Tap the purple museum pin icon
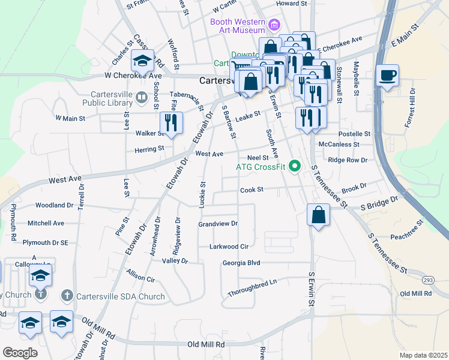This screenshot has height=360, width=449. click(274, 25)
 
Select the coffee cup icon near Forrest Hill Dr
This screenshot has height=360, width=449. click(388, 76)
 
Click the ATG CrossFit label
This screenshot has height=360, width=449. click(260, 166)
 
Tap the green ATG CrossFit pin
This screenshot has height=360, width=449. click(294, 166)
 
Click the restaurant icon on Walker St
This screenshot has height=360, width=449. click(171, 123)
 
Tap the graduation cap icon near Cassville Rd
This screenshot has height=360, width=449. click(142, 61)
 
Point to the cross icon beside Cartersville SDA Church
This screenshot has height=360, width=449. click(67, 296)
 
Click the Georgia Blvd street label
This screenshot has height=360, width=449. click(241, 263)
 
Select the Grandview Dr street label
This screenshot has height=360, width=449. click(218, 224)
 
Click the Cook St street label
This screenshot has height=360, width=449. click(252, 190)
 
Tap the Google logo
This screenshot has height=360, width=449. click(20, 353)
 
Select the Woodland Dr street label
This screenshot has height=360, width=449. click(54, 205)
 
